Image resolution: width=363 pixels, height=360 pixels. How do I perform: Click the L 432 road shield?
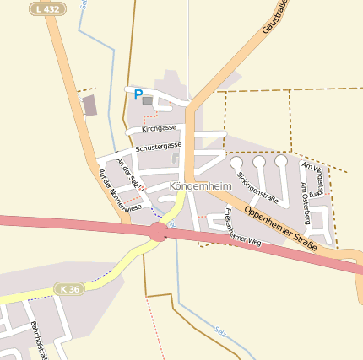(46, 8)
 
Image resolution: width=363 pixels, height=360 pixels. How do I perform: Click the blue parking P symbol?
(138, 95)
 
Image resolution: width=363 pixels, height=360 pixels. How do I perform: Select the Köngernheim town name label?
(201, 185)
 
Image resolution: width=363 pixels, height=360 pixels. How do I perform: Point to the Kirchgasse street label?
(159, 128)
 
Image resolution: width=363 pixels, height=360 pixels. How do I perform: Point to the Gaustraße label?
(275, 17)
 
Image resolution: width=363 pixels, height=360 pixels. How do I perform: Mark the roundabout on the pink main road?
(158, 232)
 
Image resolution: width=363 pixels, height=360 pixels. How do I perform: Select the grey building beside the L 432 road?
(89, 105)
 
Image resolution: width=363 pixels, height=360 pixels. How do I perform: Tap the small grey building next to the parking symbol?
(148, 100)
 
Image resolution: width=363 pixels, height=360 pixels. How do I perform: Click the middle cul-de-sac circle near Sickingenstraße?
(259, 162)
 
